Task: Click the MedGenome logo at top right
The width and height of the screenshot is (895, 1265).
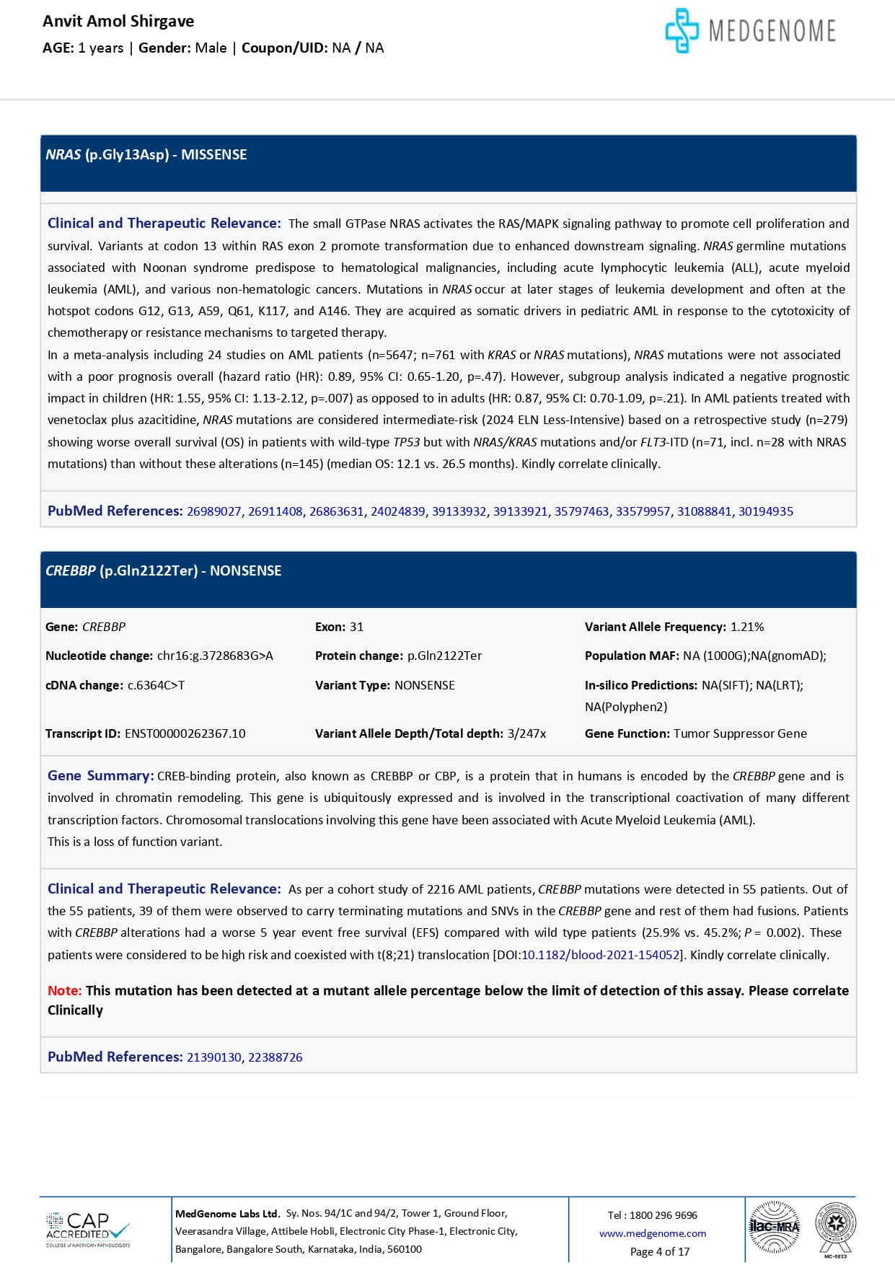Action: point(750,30)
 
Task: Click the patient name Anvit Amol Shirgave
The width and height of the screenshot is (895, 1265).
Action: point(118,21)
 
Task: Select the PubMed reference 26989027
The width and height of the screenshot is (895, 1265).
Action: point(213,511)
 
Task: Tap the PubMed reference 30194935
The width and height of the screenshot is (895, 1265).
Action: point(765,511)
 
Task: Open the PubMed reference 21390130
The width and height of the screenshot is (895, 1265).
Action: point(213,1057)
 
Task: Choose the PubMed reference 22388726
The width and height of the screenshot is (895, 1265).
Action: point(275,1057)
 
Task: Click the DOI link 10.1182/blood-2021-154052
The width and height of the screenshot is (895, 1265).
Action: point(600,955)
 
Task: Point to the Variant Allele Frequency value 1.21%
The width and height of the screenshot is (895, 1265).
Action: point(747,627)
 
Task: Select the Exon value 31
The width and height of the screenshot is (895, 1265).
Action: point(356,627)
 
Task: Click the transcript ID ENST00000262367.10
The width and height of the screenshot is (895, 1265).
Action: point(185,733)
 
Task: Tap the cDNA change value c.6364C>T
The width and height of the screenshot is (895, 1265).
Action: point(156,685)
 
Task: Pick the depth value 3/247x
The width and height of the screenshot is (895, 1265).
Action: point(526,733)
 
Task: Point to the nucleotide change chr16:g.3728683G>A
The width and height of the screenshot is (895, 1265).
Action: point(215,656)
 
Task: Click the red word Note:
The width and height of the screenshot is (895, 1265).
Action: point(64,991)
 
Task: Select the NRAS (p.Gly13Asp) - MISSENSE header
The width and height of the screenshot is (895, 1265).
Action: point(146,155)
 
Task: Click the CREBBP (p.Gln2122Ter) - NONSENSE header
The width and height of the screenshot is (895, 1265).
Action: point(164,570)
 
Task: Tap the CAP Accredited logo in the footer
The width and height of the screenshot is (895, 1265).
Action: point(88,1230)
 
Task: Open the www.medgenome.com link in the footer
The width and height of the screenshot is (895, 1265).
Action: point(652,1233)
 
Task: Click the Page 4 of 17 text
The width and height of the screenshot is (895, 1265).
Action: point(659,1251)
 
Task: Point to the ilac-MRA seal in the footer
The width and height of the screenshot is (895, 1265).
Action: point(775,1226)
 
